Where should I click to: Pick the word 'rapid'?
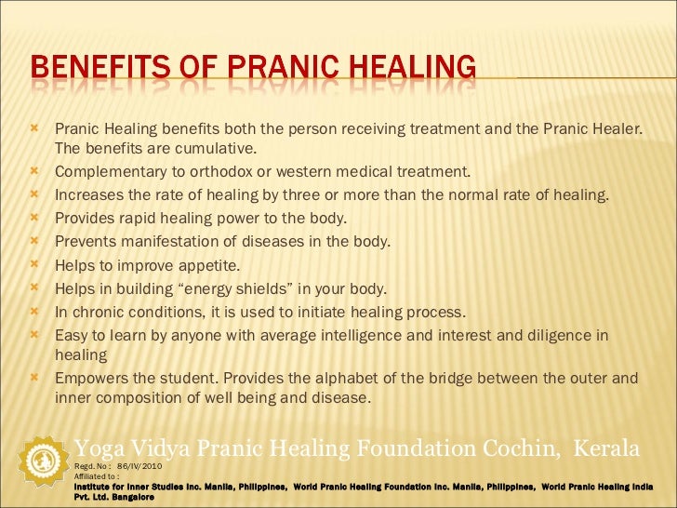click(x=130, y=219)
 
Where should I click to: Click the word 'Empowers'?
click(x=88, y=379)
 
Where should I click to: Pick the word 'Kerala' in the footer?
click(x=607, y=448)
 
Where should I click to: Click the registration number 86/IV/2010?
click(x=139, y=465)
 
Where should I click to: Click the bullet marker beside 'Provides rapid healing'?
click(x=34, y=219)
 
